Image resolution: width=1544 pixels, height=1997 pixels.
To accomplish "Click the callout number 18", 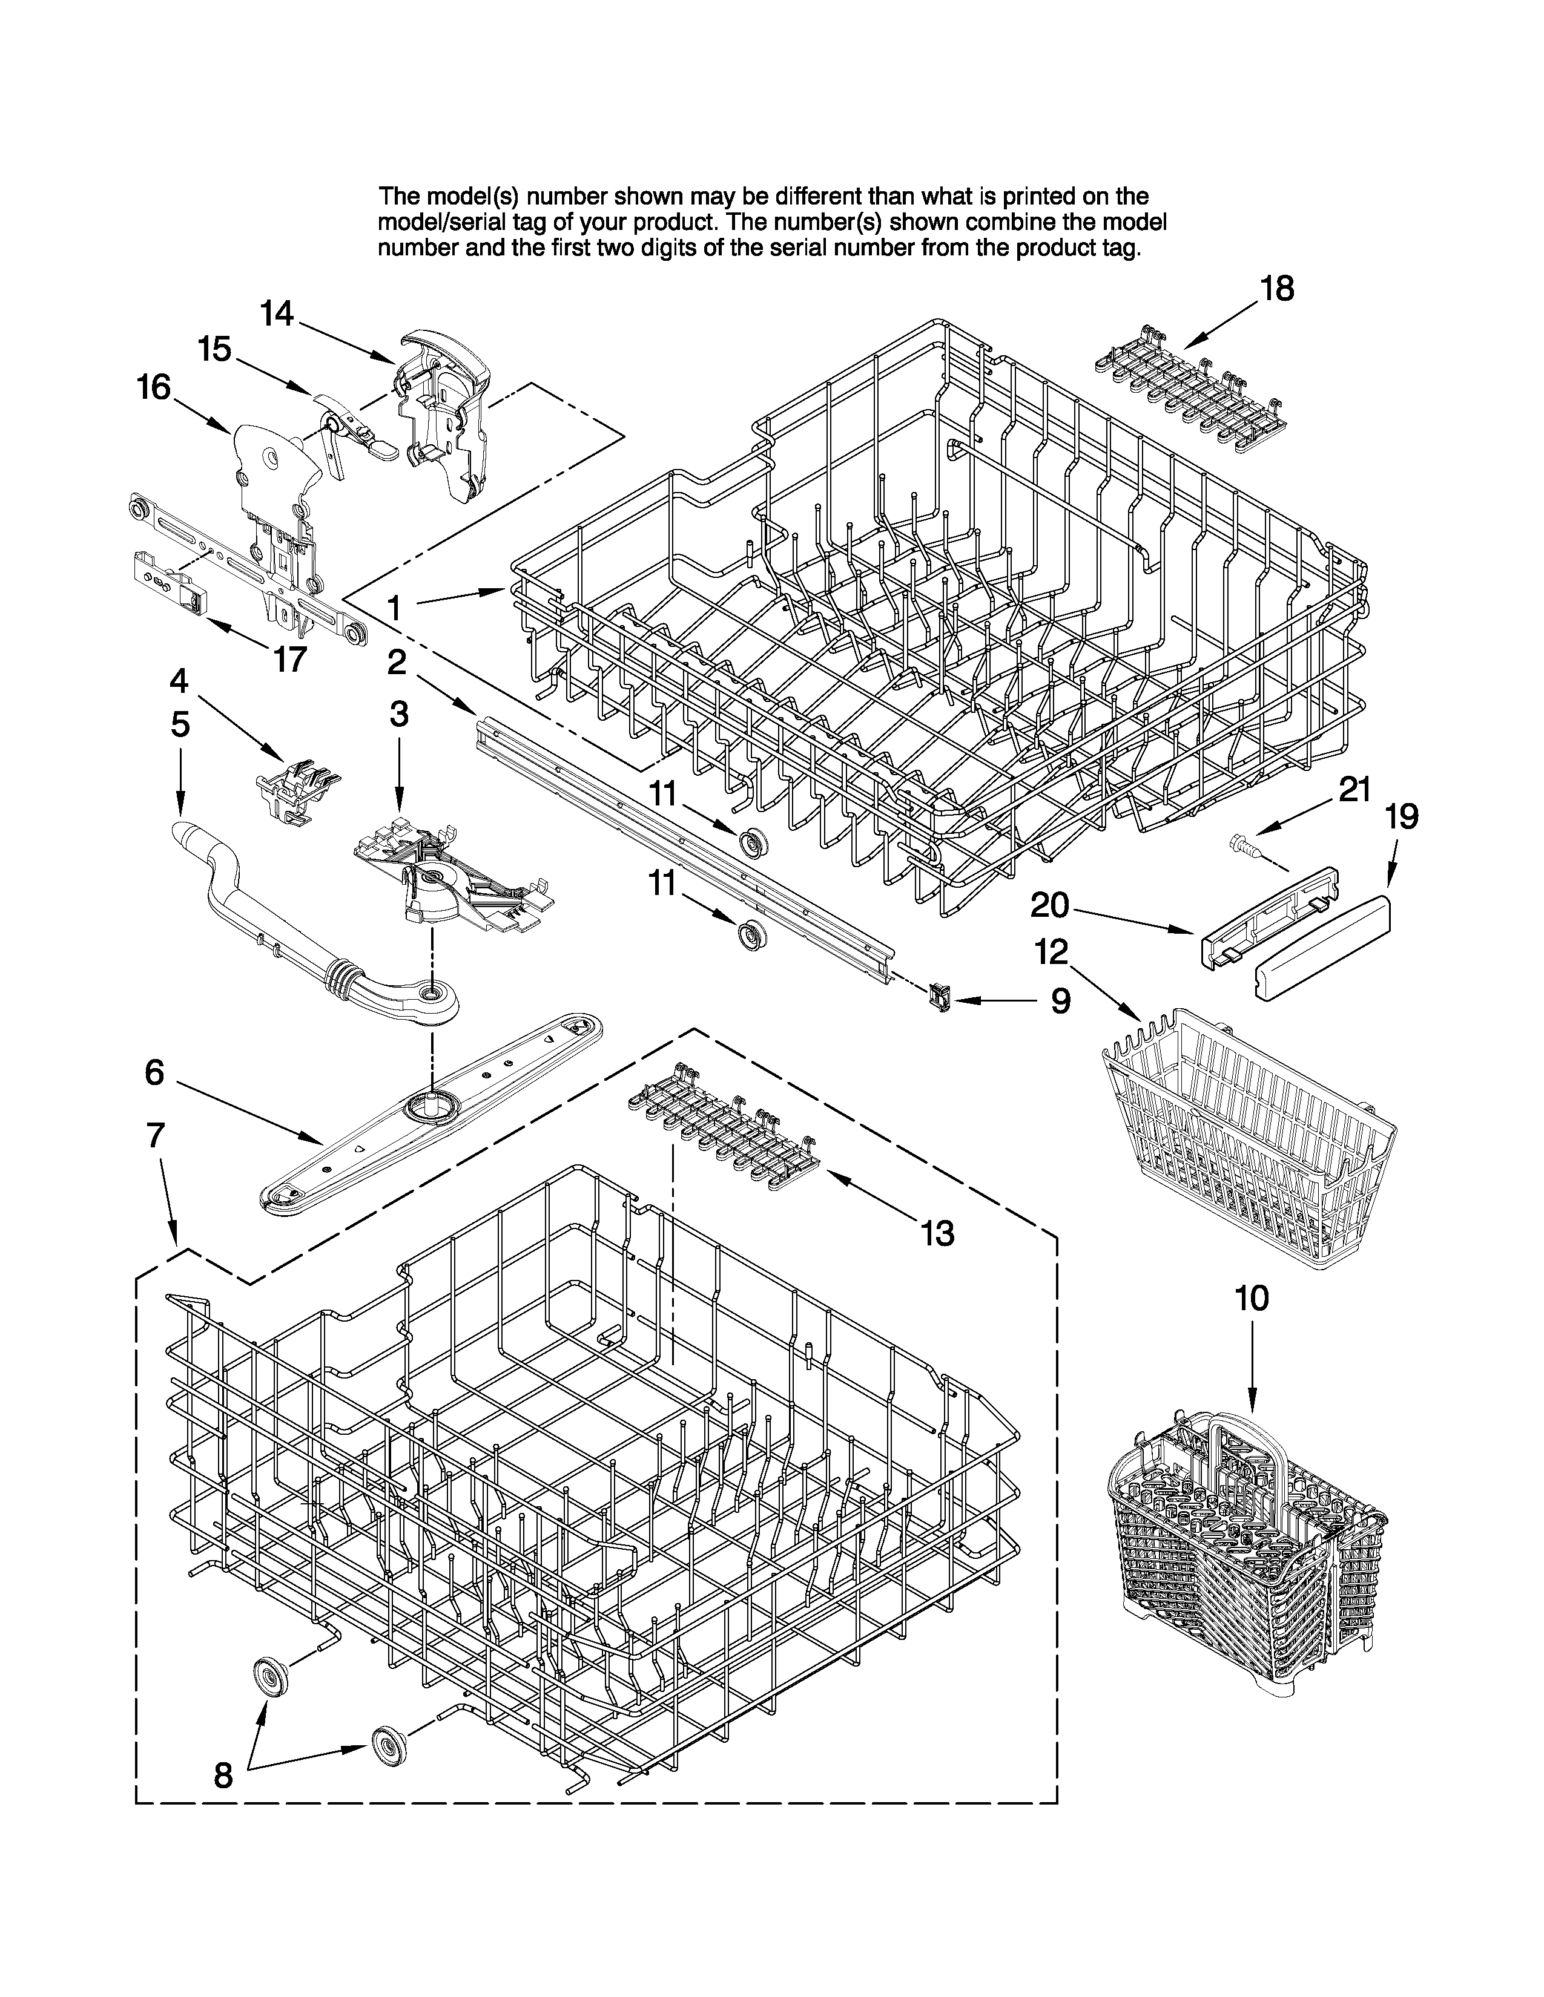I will pos(1277,289).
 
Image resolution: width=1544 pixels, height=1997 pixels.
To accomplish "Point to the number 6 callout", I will pos(154,1072).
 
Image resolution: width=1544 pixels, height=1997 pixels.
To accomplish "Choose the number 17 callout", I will pos(290,658).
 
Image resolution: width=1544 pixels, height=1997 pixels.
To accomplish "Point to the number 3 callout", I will pos(399,714).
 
